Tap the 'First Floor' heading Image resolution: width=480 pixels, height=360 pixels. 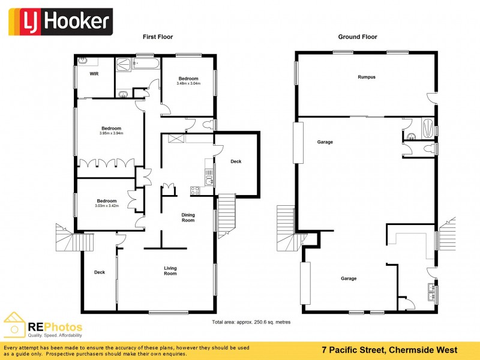[x=158, y=37]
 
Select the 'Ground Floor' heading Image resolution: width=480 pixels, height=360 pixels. [x=358, y=37]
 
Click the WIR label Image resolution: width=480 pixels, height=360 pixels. [x=94, y=74]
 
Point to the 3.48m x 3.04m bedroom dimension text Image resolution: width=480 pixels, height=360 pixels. [x=188, y=83]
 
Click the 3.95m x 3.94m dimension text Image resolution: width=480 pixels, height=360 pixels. [x=111, y=133]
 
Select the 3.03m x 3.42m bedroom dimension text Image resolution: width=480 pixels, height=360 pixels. [x=107, y=206]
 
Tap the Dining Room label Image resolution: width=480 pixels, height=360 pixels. [x=188, y=217]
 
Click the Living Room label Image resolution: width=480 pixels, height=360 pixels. [x=170, y=271]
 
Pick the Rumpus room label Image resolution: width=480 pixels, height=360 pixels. [x=366, y=77]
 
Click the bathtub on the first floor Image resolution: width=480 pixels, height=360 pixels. [x=145, y=63]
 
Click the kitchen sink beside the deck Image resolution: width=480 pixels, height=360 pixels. [x=208, y=176]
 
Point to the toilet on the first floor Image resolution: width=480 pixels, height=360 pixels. [x=206, y=125]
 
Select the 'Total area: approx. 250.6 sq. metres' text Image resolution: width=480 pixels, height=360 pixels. [x=251, y=322]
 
